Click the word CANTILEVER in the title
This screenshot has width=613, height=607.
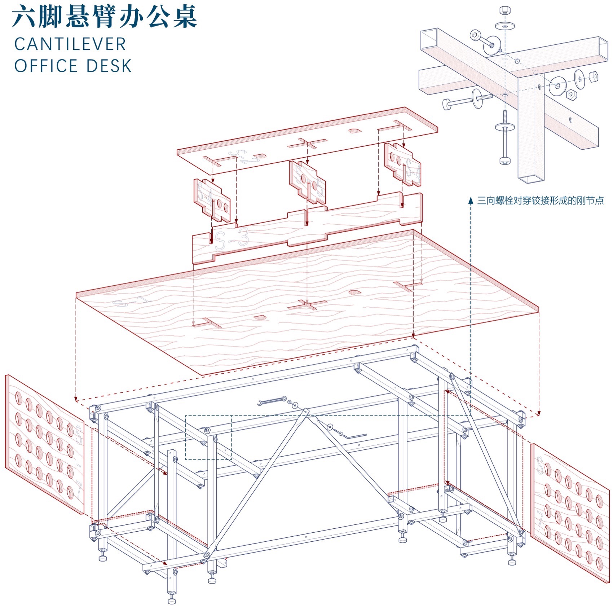[x=70, y=44]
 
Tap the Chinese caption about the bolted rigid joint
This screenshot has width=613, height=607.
[x=540, y=201]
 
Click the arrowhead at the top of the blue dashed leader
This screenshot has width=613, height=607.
[x=471, y=201]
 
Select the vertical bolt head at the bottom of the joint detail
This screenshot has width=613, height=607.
[x=505, y=160]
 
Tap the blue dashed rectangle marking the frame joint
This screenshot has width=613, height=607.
[x=208, y=437]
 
